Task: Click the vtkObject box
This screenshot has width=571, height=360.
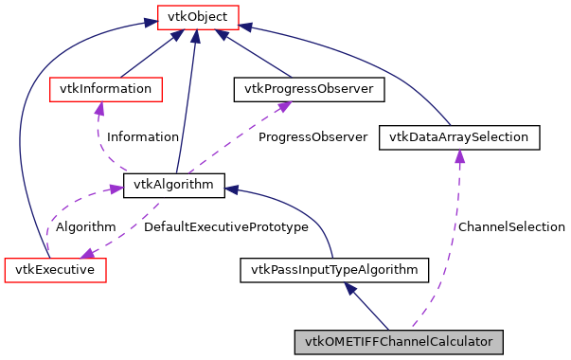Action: point(197,16)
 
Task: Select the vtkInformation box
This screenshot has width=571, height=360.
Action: point(105,89)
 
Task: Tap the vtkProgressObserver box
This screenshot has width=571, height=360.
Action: point(309,89)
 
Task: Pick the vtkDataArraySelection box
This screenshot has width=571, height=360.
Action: point(459,137)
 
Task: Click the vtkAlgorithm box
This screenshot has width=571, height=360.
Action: point(174,186)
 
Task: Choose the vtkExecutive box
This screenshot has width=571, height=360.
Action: point(55,270)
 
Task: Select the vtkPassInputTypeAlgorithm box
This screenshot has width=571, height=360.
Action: point(334,270)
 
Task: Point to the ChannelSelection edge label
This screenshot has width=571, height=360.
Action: point(510,227)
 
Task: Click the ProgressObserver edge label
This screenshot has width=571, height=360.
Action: point(312,137)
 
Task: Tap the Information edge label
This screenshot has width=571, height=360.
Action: point(142,137)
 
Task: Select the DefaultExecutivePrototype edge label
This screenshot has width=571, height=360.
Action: point(225,227)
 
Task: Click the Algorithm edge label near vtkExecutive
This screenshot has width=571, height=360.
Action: point(85,227)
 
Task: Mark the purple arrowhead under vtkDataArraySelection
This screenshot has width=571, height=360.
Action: point(458,157)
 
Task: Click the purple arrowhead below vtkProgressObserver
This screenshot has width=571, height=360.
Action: point(282,108)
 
